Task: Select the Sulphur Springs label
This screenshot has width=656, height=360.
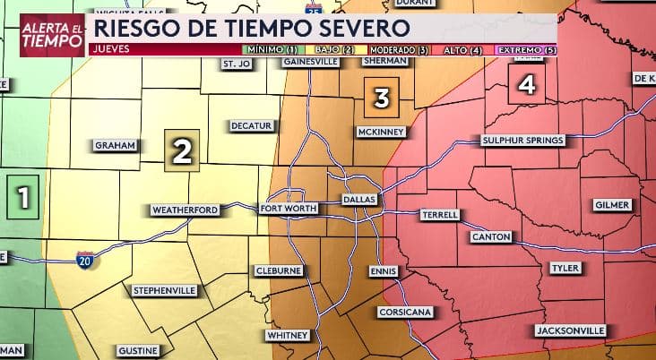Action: point(522,141)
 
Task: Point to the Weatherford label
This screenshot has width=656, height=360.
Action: point(185,210)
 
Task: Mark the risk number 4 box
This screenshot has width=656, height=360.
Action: point(527,86)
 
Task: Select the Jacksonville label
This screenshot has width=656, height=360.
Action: point(570,330)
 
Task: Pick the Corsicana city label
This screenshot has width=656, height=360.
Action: point(406,312)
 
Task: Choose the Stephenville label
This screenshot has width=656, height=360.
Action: point(165,291)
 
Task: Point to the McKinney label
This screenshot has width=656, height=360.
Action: point(382,133)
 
